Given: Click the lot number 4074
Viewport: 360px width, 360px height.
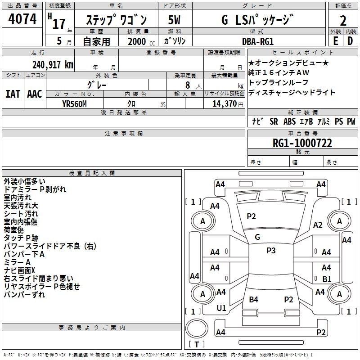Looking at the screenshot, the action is pos(22,19).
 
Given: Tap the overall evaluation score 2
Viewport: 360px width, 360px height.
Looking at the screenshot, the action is pos(343,20).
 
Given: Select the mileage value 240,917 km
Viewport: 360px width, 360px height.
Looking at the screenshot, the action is pos(53,64).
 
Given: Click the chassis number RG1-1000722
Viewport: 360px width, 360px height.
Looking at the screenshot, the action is pos(302,143).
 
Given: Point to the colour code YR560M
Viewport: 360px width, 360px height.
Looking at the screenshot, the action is pos(74,104).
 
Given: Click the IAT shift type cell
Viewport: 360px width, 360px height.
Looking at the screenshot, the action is pos(13,94).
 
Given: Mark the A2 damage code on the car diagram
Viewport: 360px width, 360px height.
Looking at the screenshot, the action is pos(318,225).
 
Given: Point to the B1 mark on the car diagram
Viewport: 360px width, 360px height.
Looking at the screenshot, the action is pos(327,279).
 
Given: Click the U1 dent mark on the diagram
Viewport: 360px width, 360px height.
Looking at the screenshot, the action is pos(221,308).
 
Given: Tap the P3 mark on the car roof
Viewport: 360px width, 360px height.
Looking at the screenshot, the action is pos(271,251).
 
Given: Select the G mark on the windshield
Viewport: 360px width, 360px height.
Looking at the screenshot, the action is pos(257,237).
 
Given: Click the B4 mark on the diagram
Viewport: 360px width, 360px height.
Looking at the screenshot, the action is pos(254,299).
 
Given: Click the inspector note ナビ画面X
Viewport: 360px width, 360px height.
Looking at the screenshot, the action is pos(19,270).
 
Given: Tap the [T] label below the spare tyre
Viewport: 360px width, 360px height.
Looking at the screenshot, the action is pos(196,345).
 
